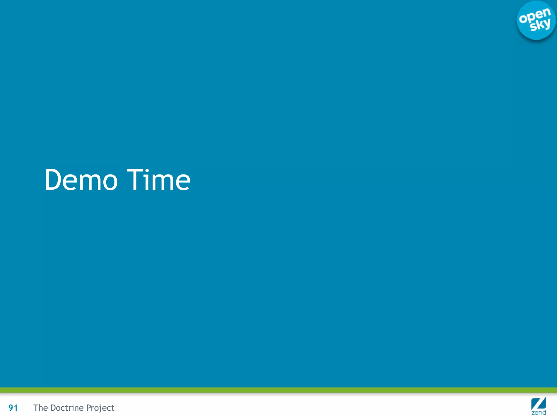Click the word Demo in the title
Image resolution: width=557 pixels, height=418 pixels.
(x=81, y=180)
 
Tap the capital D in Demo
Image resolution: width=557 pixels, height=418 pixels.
(x=54, y=180)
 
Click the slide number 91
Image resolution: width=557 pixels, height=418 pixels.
(x=13, y=408)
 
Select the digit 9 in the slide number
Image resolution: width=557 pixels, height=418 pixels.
(x=11, y=408)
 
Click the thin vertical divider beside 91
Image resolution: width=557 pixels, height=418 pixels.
(x=25, y=407)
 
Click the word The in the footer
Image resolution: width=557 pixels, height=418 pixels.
(x=41, y=408)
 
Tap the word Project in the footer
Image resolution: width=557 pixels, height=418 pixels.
(x=100, y=408)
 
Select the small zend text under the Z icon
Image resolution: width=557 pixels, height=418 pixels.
(x=539, y=413)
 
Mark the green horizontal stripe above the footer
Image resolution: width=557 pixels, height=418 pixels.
(x=278, y=390)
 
